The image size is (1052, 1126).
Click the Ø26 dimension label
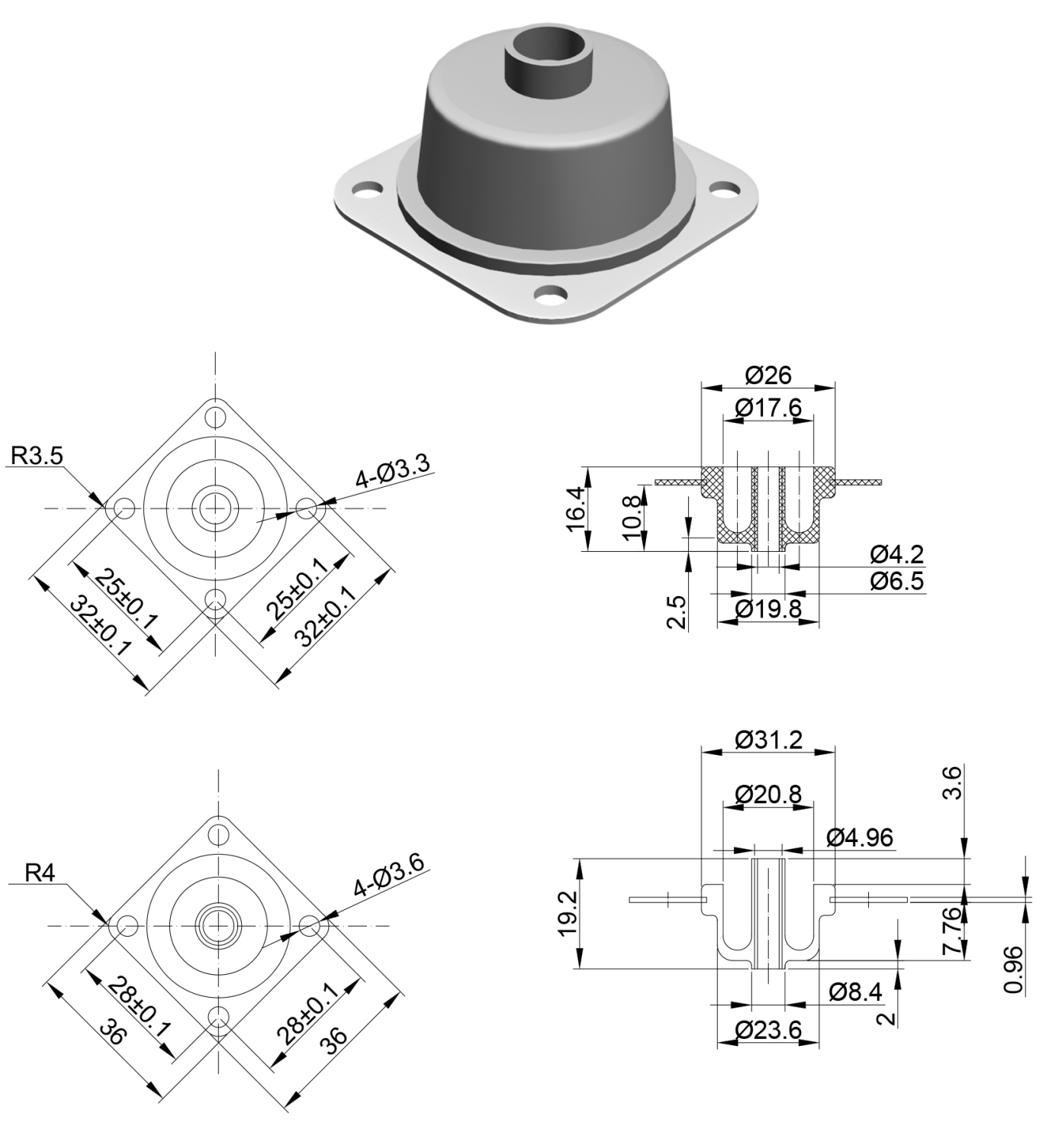pyautogui.click(x=768, y=375)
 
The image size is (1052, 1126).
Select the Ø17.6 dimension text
pyautogui.click(x=768, y=408)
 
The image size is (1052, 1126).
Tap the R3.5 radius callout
pyautogui.click(x=37, y=456)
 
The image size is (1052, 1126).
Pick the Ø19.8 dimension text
pyautogui.click(x=768, y=608)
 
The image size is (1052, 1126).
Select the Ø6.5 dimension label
pyautogui.click(x=896, y=581)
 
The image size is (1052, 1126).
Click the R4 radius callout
pyautogui.click(x=40, y=873)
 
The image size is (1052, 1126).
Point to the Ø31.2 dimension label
pyautogui.click(x=768, y=740)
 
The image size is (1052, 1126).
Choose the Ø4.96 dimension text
pyautogui.click(x=860, y=837)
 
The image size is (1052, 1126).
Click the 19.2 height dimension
pyautogui.click(x=568, y=915)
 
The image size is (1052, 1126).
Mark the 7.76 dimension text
pyautogui.click(x=951, y=931)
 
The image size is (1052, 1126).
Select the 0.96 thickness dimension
pyautogui.click(x=1014, y=970)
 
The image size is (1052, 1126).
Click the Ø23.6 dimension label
pyautogui.click(x=768, y=1031)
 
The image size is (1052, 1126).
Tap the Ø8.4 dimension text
pyautogui.click(x=855, y=992)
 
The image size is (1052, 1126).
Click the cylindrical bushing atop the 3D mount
pyautogui.click(x=549, y=61)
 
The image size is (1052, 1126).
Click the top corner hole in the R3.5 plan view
pyautogui.click(x=217, y=418)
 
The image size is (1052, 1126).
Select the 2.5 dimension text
pyautogui.click(x=677, y=611)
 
